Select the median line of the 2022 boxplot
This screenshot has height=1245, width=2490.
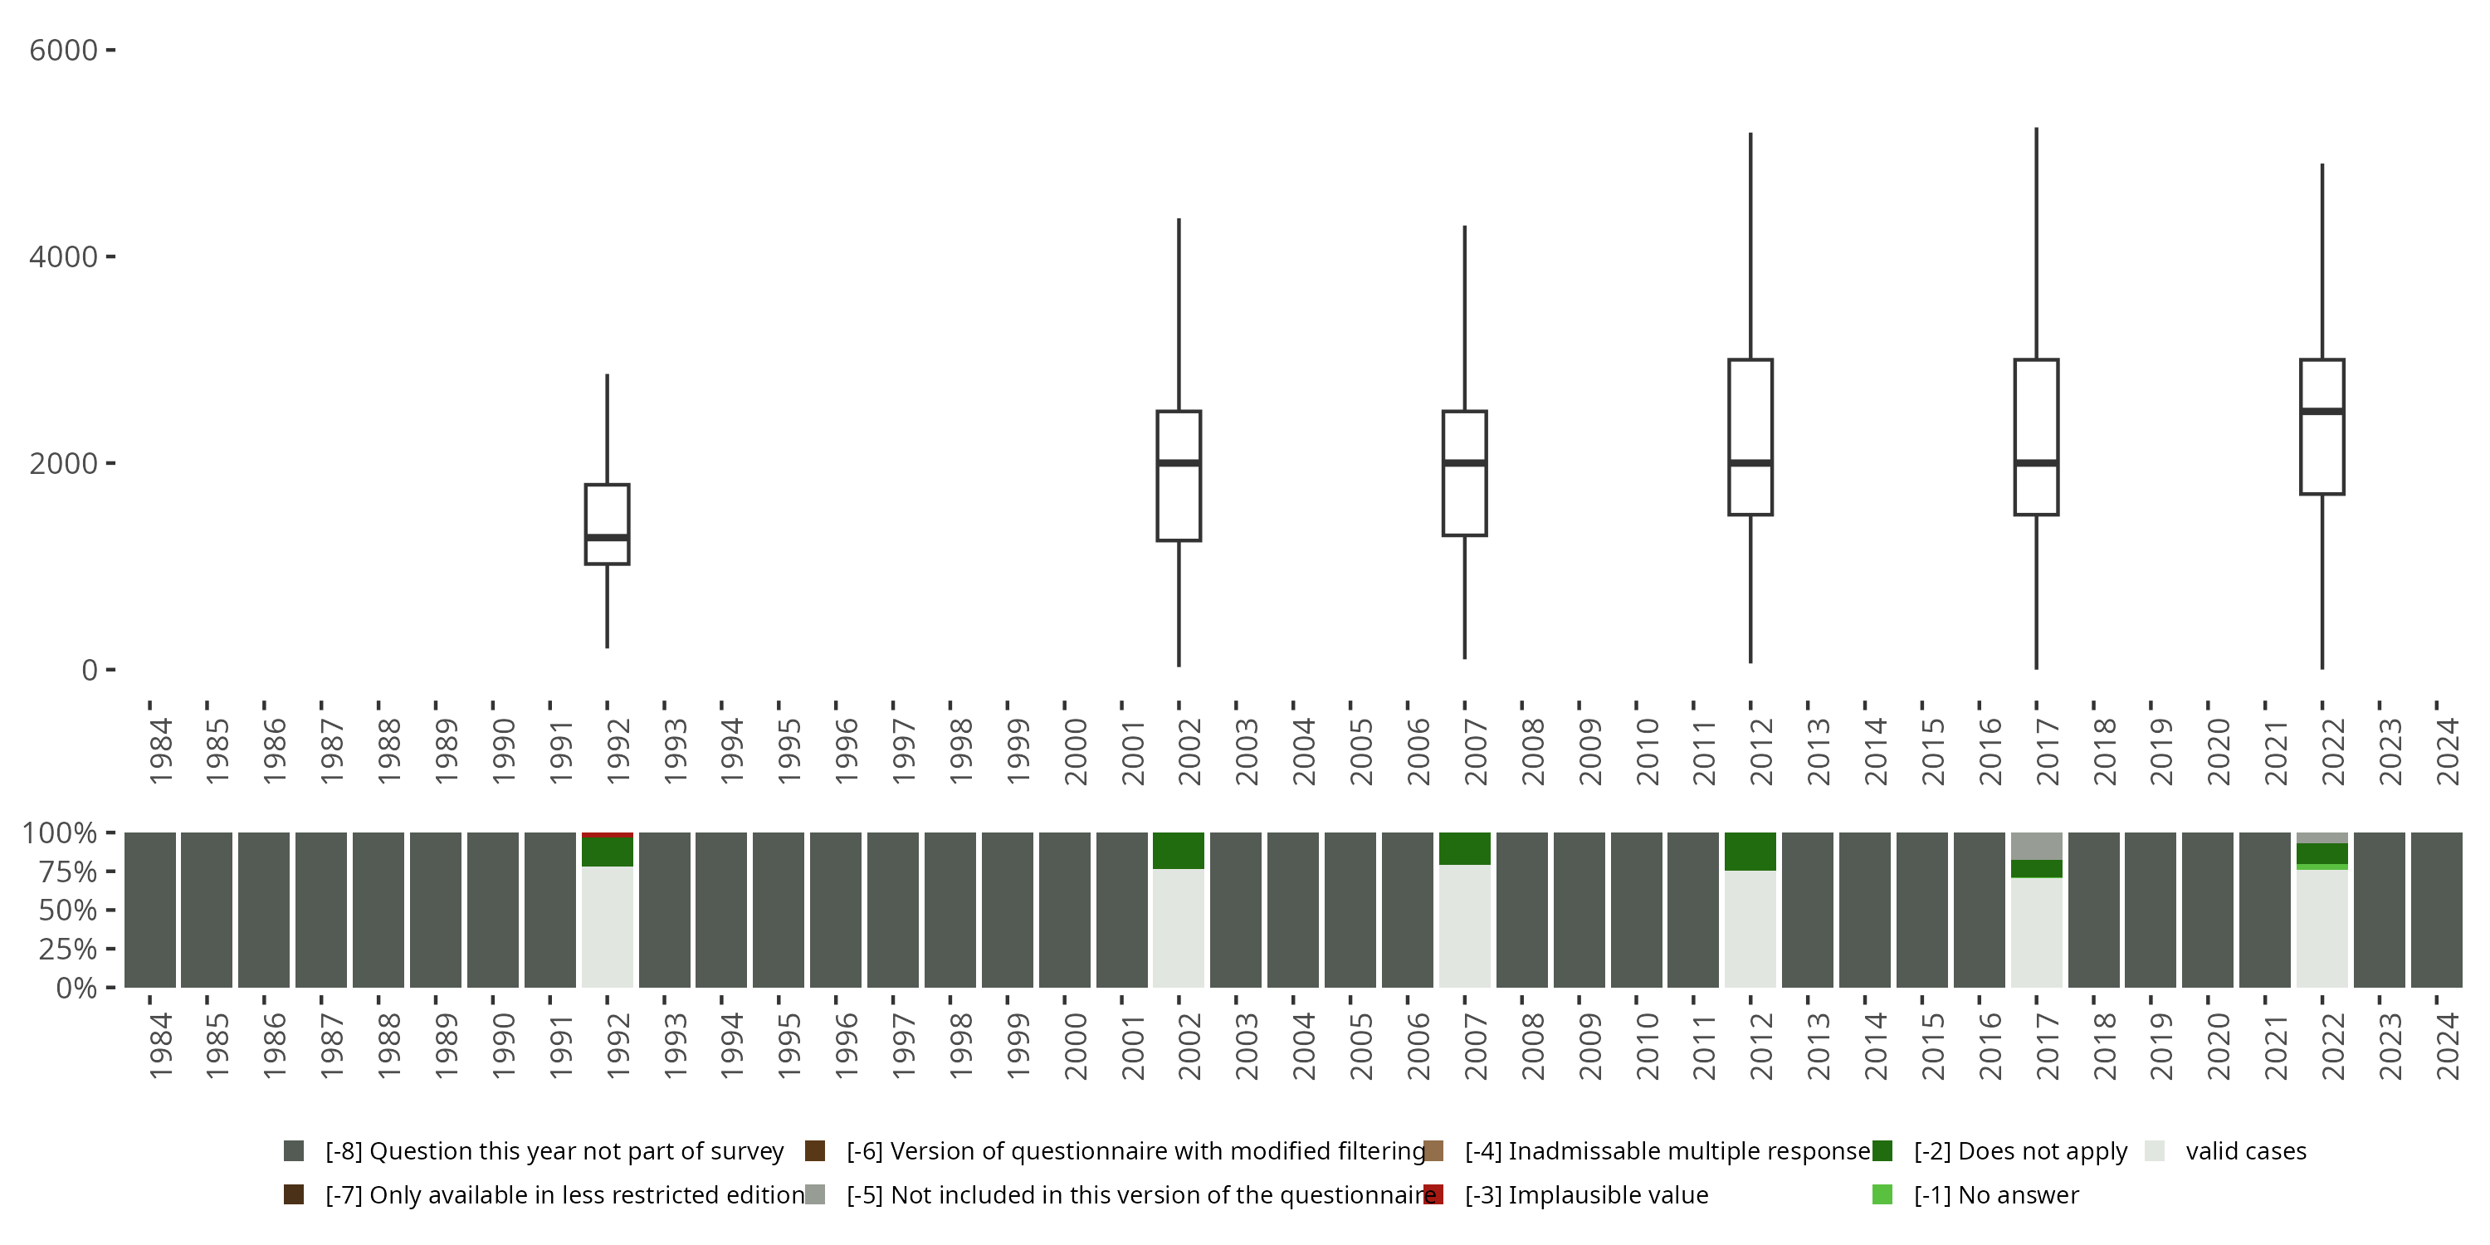(x=2322, y=411)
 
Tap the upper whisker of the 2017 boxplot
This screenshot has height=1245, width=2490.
(x=2037, y=242)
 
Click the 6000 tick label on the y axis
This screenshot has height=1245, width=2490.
(x=64, y=51)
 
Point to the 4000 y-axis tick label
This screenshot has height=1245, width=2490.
(x=64, y=257)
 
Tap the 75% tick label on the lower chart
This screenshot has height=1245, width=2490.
(x=68, y=871)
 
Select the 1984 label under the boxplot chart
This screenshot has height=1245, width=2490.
(x=160, y=751)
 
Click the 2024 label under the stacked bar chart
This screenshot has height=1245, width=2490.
(x=2448, y=1046)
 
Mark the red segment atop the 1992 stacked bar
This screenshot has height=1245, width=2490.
(x=607, y=834)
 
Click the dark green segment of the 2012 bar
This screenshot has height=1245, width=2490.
(x=1750, y=852)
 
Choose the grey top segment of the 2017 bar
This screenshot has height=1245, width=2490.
(x=2037, y=846)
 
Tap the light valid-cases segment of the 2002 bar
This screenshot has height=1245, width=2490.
(x=1179, y=928)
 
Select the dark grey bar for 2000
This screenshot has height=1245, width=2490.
(x=1064, y=910)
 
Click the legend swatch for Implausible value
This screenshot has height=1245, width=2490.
(x=1433, y=1194)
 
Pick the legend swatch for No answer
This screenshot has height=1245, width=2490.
(x=1882, y=1194)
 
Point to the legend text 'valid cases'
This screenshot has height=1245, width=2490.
(x=2245, y=1151)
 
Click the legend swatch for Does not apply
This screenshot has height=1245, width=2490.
(x=1882, y=1151)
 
